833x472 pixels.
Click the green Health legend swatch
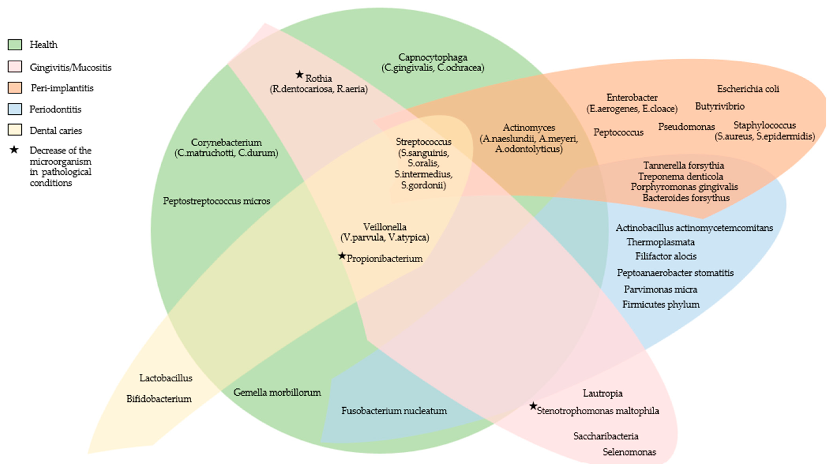[x=15, y=45]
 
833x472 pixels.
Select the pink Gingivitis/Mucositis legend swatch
[x=15, y=67]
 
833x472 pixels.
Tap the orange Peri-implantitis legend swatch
[x=15, y=88]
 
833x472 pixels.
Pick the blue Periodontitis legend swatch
[x=15, y=109]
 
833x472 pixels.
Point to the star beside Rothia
[x=300, y=75]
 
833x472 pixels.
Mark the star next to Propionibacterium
[x=342, y=256]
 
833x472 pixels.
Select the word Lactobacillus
[x=166, y=378]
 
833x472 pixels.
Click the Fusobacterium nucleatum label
[x=394, y=411]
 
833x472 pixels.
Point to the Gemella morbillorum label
[x=277, y=393]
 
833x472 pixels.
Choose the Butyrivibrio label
[x=720, y=106]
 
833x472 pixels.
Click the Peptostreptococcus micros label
[x=216, y=201]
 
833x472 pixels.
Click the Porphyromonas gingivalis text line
[x=684, y=187]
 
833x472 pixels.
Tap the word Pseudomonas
[x=686, y=127]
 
